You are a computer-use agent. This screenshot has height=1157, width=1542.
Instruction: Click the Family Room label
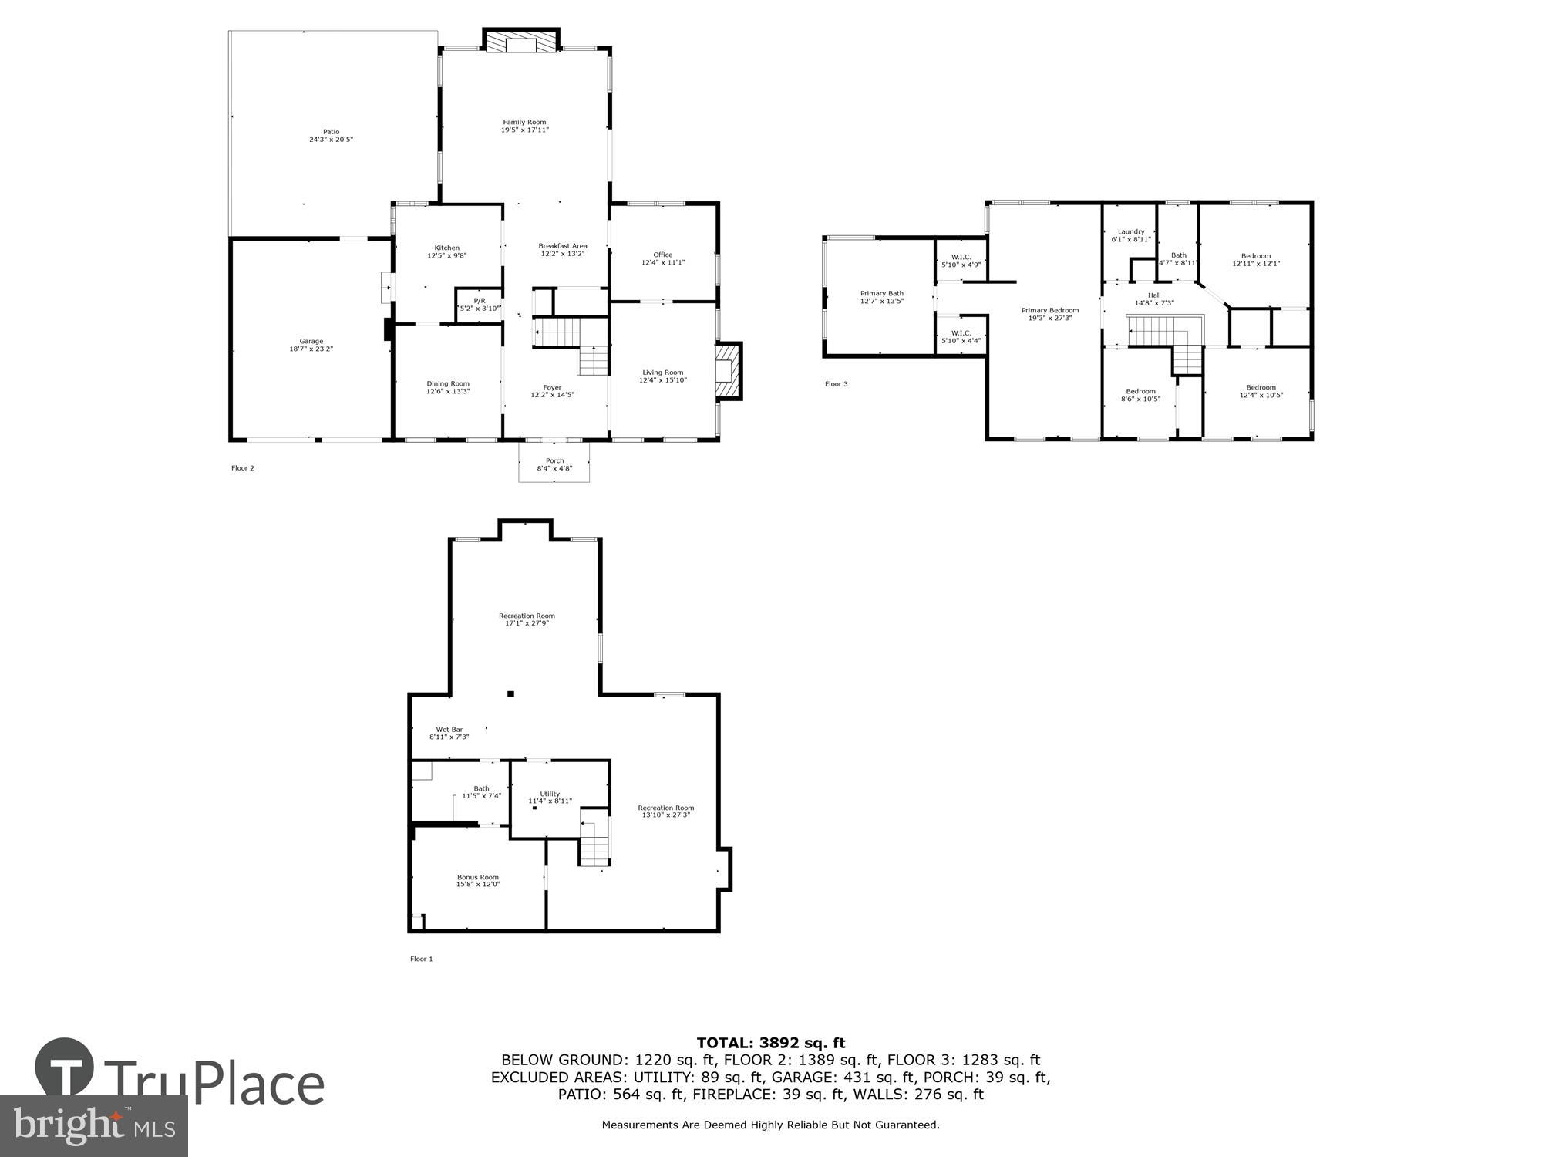524,122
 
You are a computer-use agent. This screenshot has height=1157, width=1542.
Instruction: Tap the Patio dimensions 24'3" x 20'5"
331,140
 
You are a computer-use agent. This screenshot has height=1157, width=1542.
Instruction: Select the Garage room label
311,341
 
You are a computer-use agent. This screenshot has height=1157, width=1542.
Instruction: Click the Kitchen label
446,248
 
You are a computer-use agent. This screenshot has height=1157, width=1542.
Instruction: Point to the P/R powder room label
479,300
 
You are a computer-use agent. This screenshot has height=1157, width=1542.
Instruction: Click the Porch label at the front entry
554,460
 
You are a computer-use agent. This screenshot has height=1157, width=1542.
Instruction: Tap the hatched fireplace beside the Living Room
729,372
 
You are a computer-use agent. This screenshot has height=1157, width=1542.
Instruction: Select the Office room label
662,255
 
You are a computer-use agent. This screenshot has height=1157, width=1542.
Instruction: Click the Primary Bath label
881,293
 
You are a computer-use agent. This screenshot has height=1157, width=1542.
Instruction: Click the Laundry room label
1130,231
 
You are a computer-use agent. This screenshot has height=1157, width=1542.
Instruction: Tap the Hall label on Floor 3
1153,295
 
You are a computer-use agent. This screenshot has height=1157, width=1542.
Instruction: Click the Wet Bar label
449,729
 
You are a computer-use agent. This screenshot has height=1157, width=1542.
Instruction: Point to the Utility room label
550,794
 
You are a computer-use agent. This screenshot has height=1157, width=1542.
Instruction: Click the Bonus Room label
477,877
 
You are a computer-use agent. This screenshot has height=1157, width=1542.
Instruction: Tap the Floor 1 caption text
421,959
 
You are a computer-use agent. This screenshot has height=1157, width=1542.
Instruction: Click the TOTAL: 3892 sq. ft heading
770,1043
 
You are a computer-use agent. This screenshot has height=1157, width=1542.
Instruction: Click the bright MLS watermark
94,1126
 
